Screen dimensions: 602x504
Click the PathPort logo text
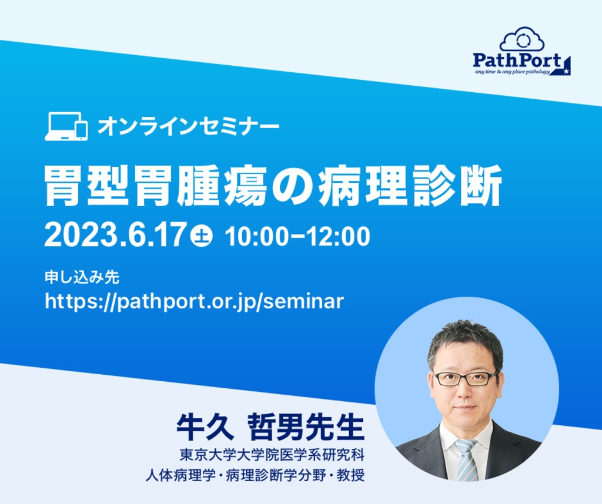click(x=517, y=61)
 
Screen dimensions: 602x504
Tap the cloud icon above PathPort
click(x=522, y=39)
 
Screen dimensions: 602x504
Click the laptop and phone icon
click(x=66, y=126)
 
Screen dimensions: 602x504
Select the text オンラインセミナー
click(x=188, y=126)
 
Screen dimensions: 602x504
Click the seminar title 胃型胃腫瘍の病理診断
click(x=273, y=186)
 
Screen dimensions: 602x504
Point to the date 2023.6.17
click(x=115, y=236)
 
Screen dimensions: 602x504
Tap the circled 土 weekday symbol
click(x=202, y=236)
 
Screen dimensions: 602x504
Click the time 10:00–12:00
click(x=297, y=236)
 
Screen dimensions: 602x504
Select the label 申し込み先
click(x=82, y=277)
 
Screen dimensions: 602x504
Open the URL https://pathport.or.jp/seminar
click(x=194, y=301)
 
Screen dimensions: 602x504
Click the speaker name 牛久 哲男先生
click(x=270, y=427)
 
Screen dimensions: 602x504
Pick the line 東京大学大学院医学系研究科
click(x=272, y=455)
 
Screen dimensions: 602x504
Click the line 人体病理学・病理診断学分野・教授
click(x=255, y=476)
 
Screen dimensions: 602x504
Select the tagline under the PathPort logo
click(x=512, y=72)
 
